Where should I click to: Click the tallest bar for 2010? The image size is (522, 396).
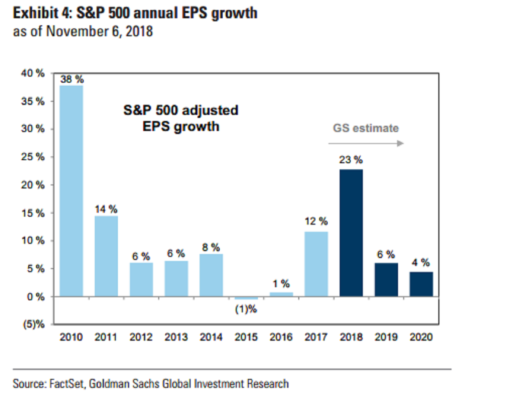pyautogui.click(x=71, y=191)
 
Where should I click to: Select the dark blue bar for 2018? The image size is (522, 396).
pyautogui.click(x=351, y=233)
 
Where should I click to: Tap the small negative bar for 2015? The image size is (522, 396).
pyautogui.click(x=246, y=298)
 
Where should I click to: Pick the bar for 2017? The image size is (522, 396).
pyautogui.click(x=316, y=264)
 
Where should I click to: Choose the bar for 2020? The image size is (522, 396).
pyautogui.click(x=421, y=284)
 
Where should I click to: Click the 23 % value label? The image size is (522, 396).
pyautogui.click(x=351, y=160)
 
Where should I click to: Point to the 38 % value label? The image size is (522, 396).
pyautogui.click(x=72, y=80)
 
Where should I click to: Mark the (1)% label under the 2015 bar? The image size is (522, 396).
pyautogui.click(x=246, y=310)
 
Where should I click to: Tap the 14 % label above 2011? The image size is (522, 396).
pyautogui.click(x=107, y=209)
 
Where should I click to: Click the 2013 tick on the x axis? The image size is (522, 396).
pyautogui.click(x=176, y=337)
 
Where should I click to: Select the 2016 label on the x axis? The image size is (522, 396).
pyautogui.click(x=281, y=337)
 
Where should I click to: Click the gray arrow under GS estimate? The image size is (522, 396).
pyautogui.click(x=366, y=143)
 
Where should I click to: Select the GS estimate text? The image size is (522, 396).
pyautogui.click(x=366, y=128)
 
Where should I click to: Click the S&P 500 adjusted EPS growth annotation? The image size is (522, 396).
pyautogui.click(x=181, y=118)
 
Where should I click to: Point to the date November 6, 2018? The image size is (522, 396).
pyautogui.click(x=100, y=32)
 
